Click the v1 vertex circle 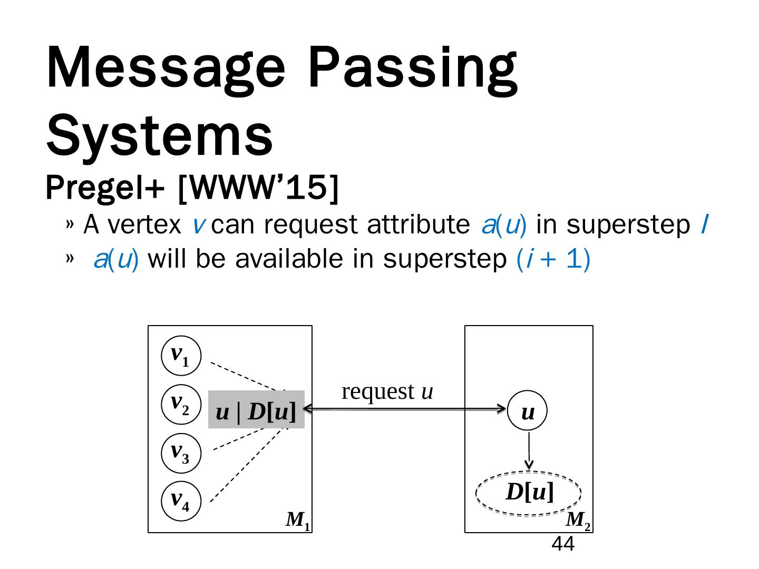pos(181,356)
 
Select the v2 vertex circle pos(181,404)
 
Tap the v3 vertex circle pos(181,453)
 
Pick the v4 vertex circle pos(181,501)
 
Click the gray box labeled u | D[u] pos(256,409)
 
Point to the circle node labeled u pos(528,411)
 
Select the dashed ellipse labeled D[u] pos(529,493)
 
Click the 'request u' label pos(387,391)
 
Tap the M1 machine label pos(297,521)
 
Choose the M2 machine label pos(578,521)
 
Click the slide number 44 pos(562,544)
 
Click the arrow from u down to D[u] pos(529,450)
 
